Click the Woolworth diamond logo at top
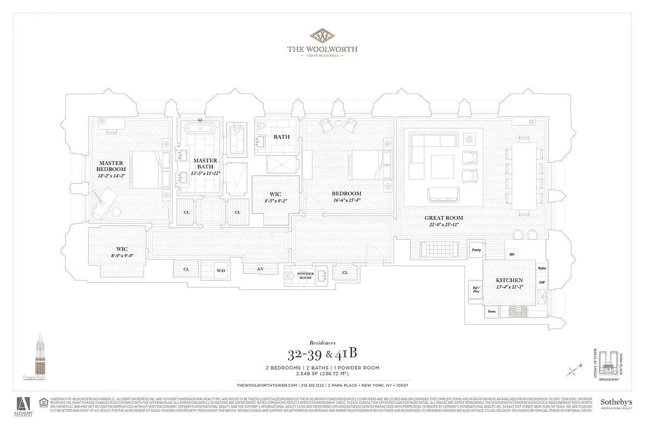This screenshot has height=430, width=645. tap(322, 35)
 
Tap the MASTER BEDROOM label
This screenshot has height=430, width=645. tap(111, 166)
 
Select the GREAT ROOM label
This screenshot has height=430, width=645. tap(443, 218)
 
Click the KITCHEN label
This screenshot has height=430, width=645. tap(510, 281)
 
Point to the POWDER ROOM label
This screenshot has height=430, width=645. tap(305, 276)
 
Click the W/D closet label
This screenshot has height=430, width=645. tap(221, 271)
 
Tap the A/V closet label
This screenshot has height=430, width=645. tap(260, 269)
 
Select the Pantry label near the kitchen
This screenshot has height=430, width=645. tap(476, 249)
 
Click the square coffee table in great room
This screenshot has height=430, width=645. tap(443, 167)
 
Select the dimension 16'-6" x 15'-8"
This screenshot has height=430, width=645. tap(346, 200)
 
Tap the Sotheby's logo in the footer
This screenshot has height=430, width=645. tap(615, 404)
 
